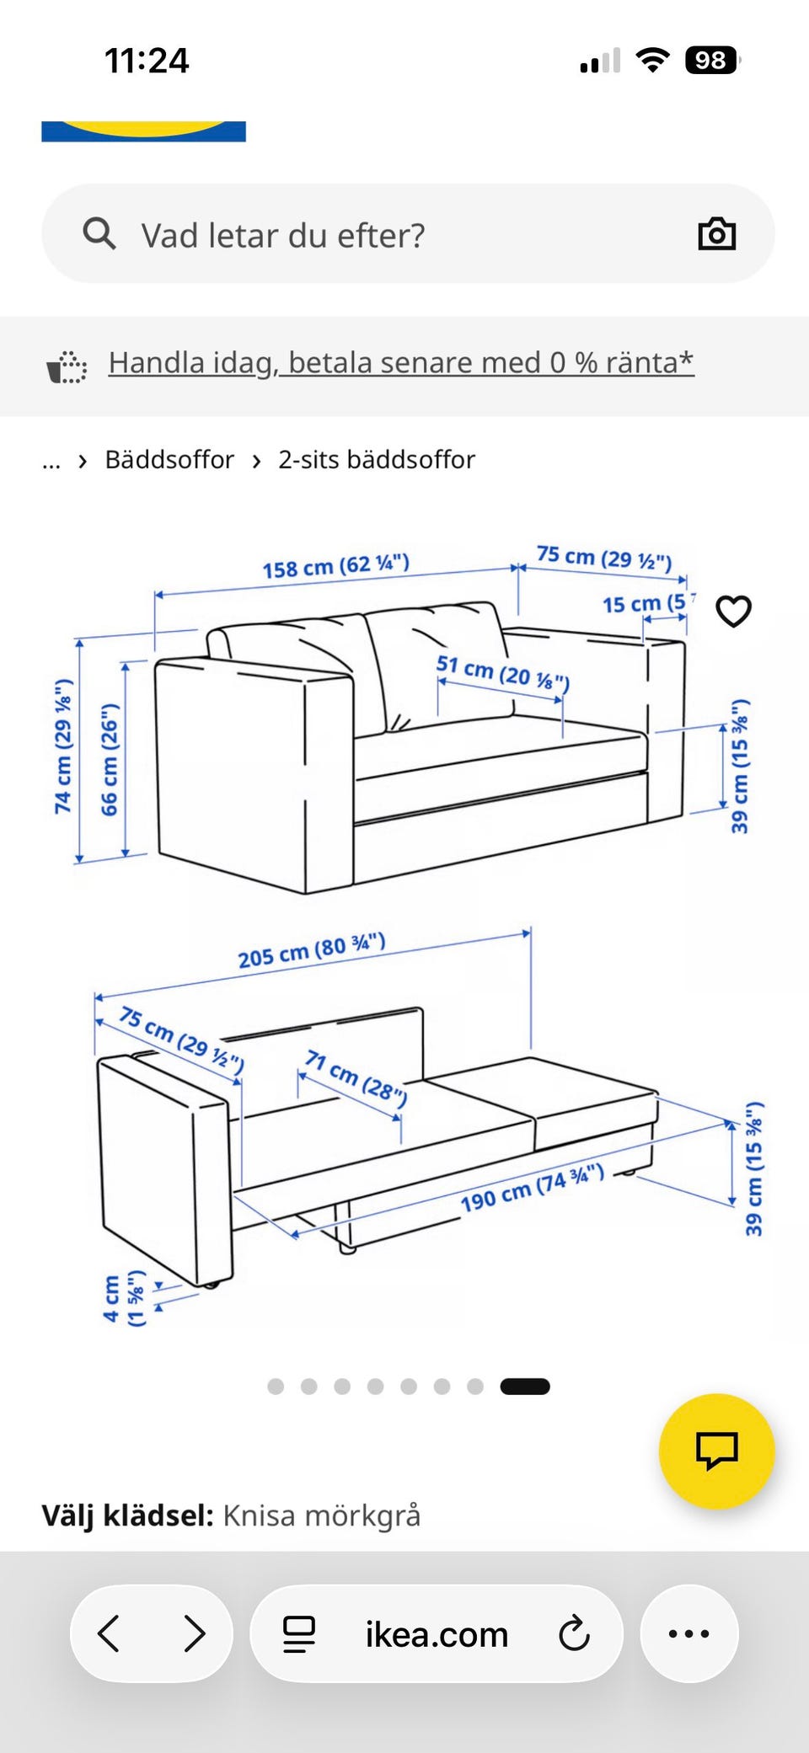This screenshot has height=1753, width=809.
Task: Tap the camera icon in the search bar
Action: (717, 233)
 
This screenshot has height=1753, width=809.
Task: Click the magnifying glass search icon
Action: (99, 233)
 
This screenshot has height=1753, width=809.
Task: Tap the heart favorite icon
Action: (733, 611)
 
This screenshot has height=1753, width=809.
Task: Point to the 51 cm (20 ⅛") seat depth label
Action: (503, 672)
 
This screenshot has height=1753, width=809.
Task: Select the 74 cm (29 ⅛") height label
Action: (63, 747)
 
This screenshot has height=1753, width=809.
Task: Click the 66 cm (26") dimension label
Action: (110, 760)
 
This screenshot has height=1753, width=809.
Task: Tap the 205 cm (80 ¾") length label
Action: (312, 950)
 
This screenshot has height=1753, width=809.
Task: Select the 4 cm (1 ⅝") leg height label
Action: (124, 1298)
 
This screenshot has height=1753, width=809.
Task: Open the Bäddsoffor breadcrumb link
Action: (169, 460)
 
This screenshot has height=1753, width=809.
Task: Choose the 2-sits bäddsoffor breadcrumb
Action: (377, 460)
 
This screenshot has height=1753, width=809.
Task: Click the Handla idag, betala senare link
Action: (401, 362)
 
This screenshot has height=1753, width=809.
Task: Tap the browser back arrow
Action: (109, 1633)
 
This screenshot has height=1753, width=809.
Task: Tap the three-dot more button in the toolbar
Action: (689, 1633)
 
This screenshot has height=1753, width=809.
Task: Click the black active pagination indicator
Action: (525, 1387)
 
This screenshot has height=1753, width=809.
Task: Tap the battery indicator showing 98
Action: (713, 61)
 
